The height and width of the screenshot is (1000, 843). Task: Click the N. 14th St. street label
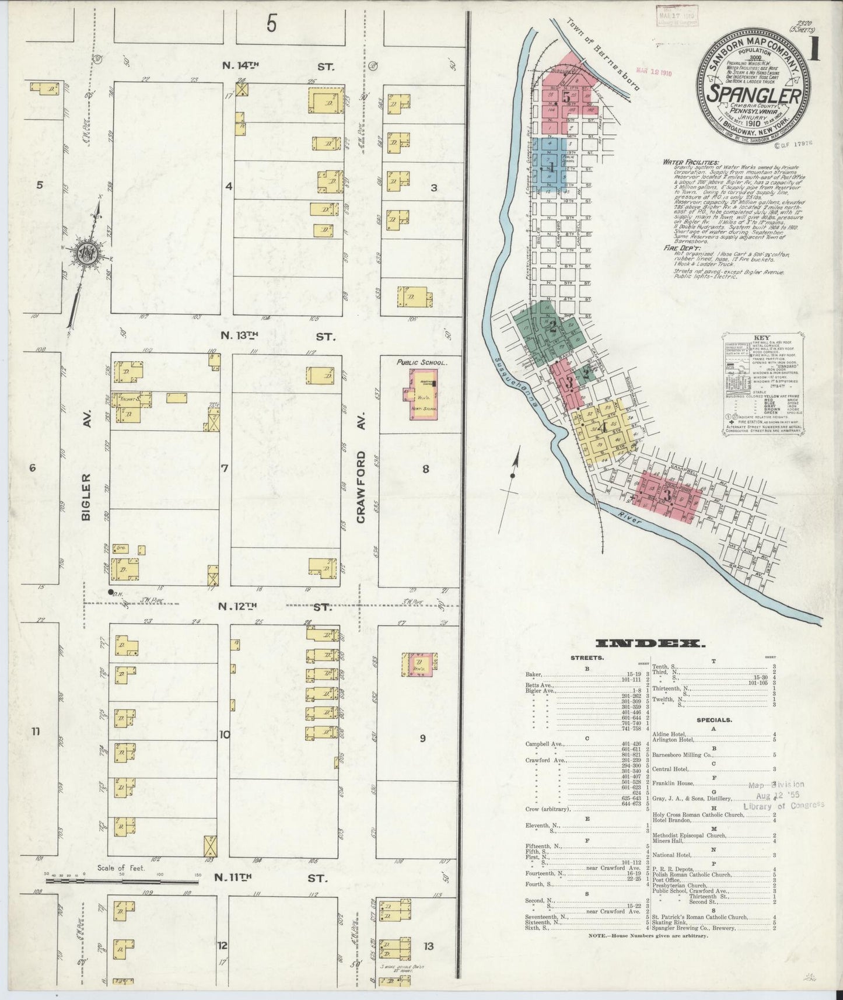pos(277,67)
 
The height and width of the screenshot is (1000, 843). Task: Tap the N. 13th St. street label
pos(277,336)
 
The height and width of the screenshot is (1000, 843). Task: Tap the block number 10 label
pos(225,735)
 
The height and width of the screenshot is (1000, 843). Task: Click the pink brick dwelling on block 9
pos(419,664)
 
